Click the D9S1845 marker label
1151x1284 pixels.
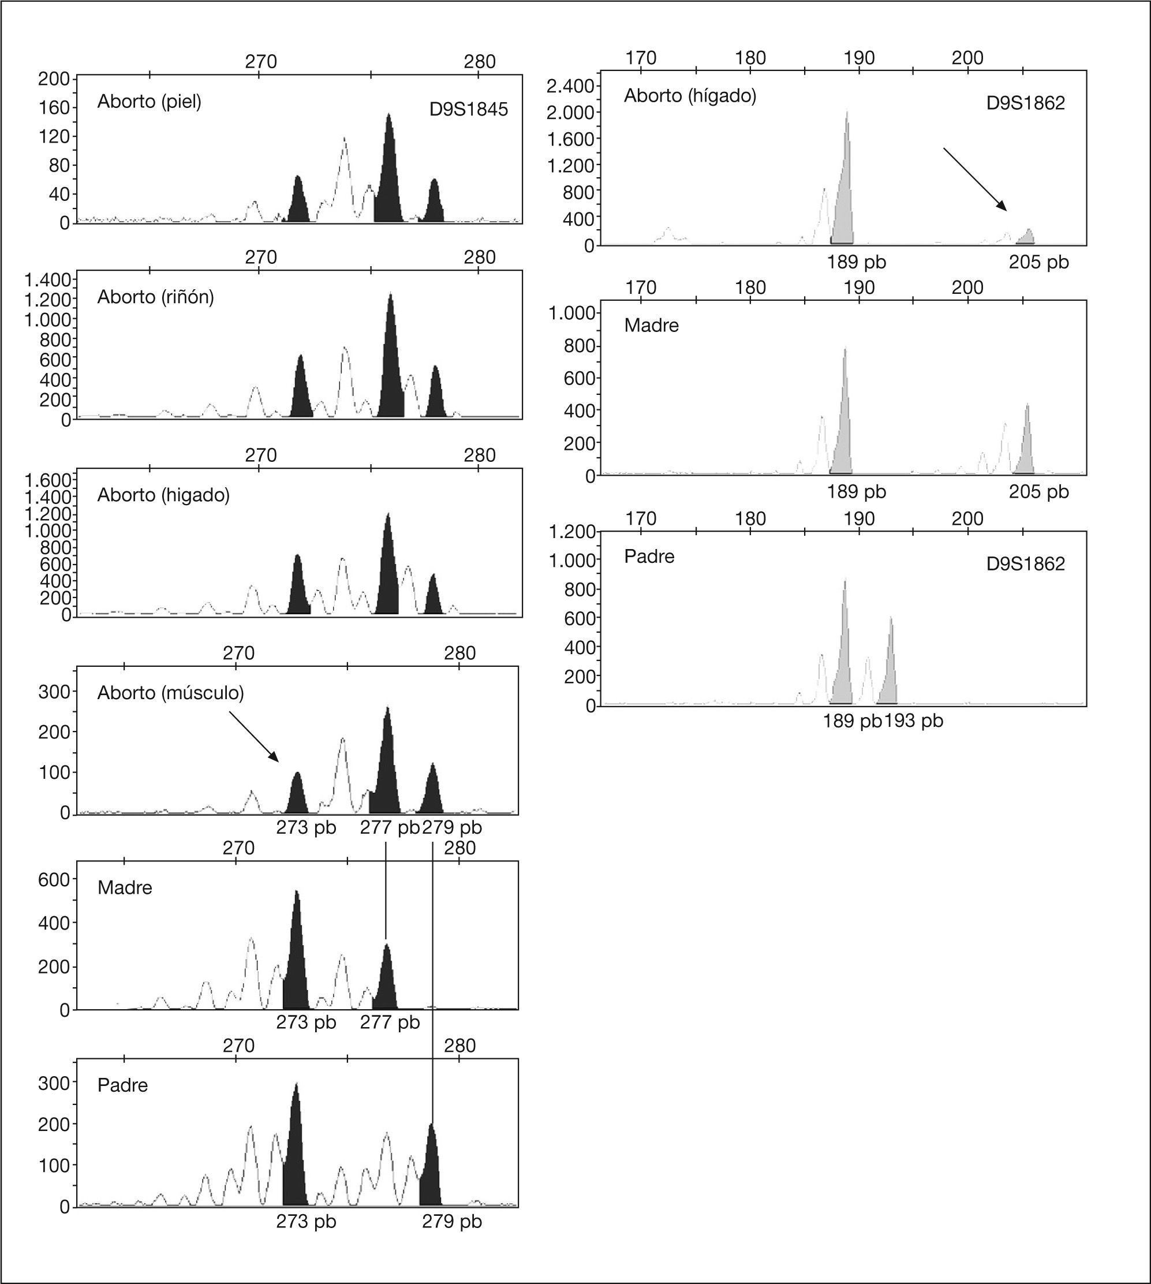(468, 110)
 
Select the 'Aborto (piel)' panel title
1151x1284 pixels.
(150, 101)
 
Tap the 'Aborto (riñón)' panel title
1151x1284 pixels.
(156, 297)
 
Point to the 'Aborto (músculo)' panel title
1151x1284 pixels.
(171, 693)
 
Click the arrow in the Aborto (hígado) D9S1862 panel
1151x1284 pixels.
(974, 178)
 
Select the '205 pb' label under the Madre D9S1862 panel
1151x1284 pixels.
(1038, 491)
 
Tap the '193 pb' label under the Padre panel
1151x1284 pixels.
(913, 721)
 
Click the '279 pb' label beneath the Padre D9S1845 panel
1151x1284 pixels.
(451, 1222)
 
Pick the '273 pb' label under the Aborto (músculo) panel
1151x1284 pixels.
(306, 827)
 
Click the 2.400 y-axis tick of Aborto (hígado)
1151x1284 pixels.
(570, 86)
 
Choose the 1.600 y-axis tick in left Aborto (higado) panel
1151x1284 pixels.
(47, 479)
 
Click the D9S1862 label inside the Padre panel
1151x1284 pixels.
(1025, 563)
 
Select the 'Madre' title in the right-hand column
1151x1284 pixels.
(651, 325)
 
